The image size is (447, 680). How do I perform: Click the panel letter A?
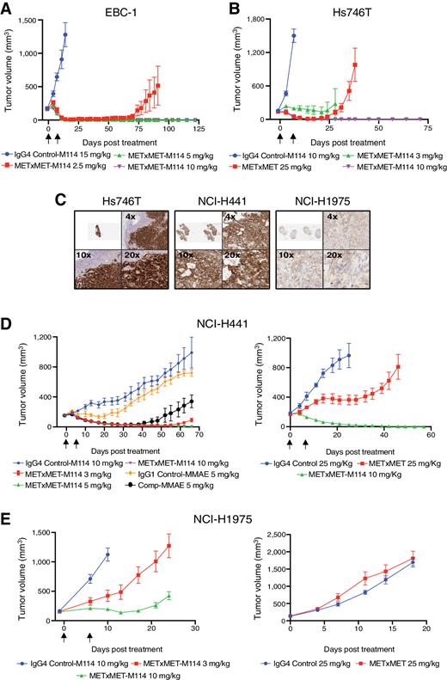point(8,8)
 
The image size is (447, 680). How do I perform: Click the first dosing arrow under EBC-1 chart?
point(48,136)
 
